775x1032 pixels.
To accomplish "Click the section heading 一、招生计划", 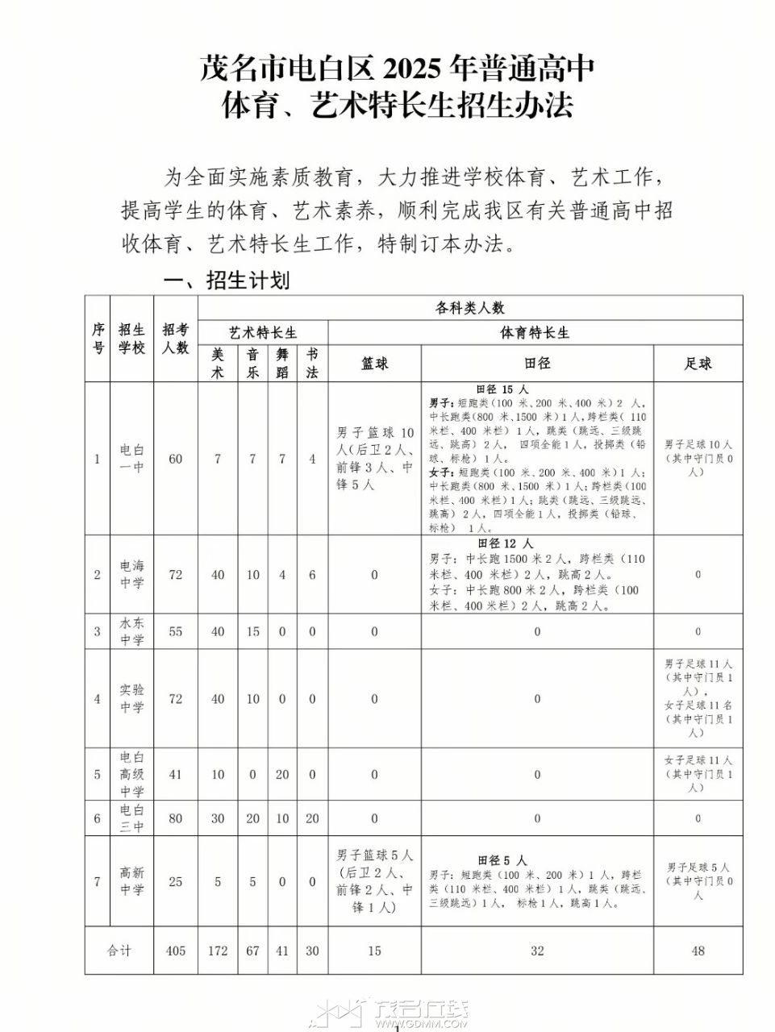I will pyautogui.click(x=226, y=281).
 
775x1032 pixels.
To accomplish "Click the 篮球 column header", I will pyautogui.click(x=374, y=364).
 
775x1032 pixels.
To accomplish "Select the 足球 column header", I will pyautogui.click(x=698, y=364).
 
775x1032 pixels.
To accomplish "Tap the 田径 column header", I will pyautogui.click(x=537, y=364).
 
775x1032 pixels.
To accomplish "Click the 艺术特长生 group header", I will pyautogui.click(x=263, y=332).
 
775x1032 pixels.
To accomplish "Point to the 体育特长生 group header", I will pyautogui.click(x=535, y=332).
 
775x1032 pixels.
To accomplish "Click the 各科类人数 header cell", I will pyautogui.click(x=470, y=307).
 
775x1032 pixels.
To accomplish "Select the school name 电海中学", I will pyautogui.click(x=131, y=574).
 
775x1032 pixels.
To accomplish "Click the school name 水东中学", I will pyautogui.click(x=131, y=631).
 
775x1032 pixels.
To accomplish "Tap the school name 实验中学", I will pyautogui.click(x=131, y=698).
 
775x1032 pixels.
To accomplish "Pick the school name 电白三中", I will pyautogui.click(x=131, y=818).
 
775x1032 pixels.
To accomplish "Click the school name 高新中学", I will pyautogui.click(x=131, y=881).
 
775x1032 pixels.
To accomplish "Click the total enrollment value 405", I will pyautogui.click(x=175, y=951).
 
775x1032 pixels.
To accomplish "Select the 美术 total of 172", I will pyautogui.click(x=218, y=951).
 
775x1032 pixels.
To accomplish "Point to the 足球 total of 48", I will pyautogui.click(x=698, y=951).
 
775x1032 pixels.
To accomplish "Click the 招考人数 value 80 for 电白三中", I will pyautogui.click(x=175, y=818).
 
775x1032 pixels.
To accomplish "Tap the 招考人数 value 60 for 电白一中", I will pyautogui.click(x=175, y=459).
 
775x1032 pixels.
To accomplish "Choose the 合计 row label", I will pyautogui.click(x=119, y=951).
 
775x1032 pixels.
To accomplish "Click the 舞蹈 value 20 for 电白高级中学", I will pyautogui.click(x=282, y=774).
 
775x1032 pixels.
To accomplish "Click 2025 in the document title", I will pyautogui.click(x=415, y=70).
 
